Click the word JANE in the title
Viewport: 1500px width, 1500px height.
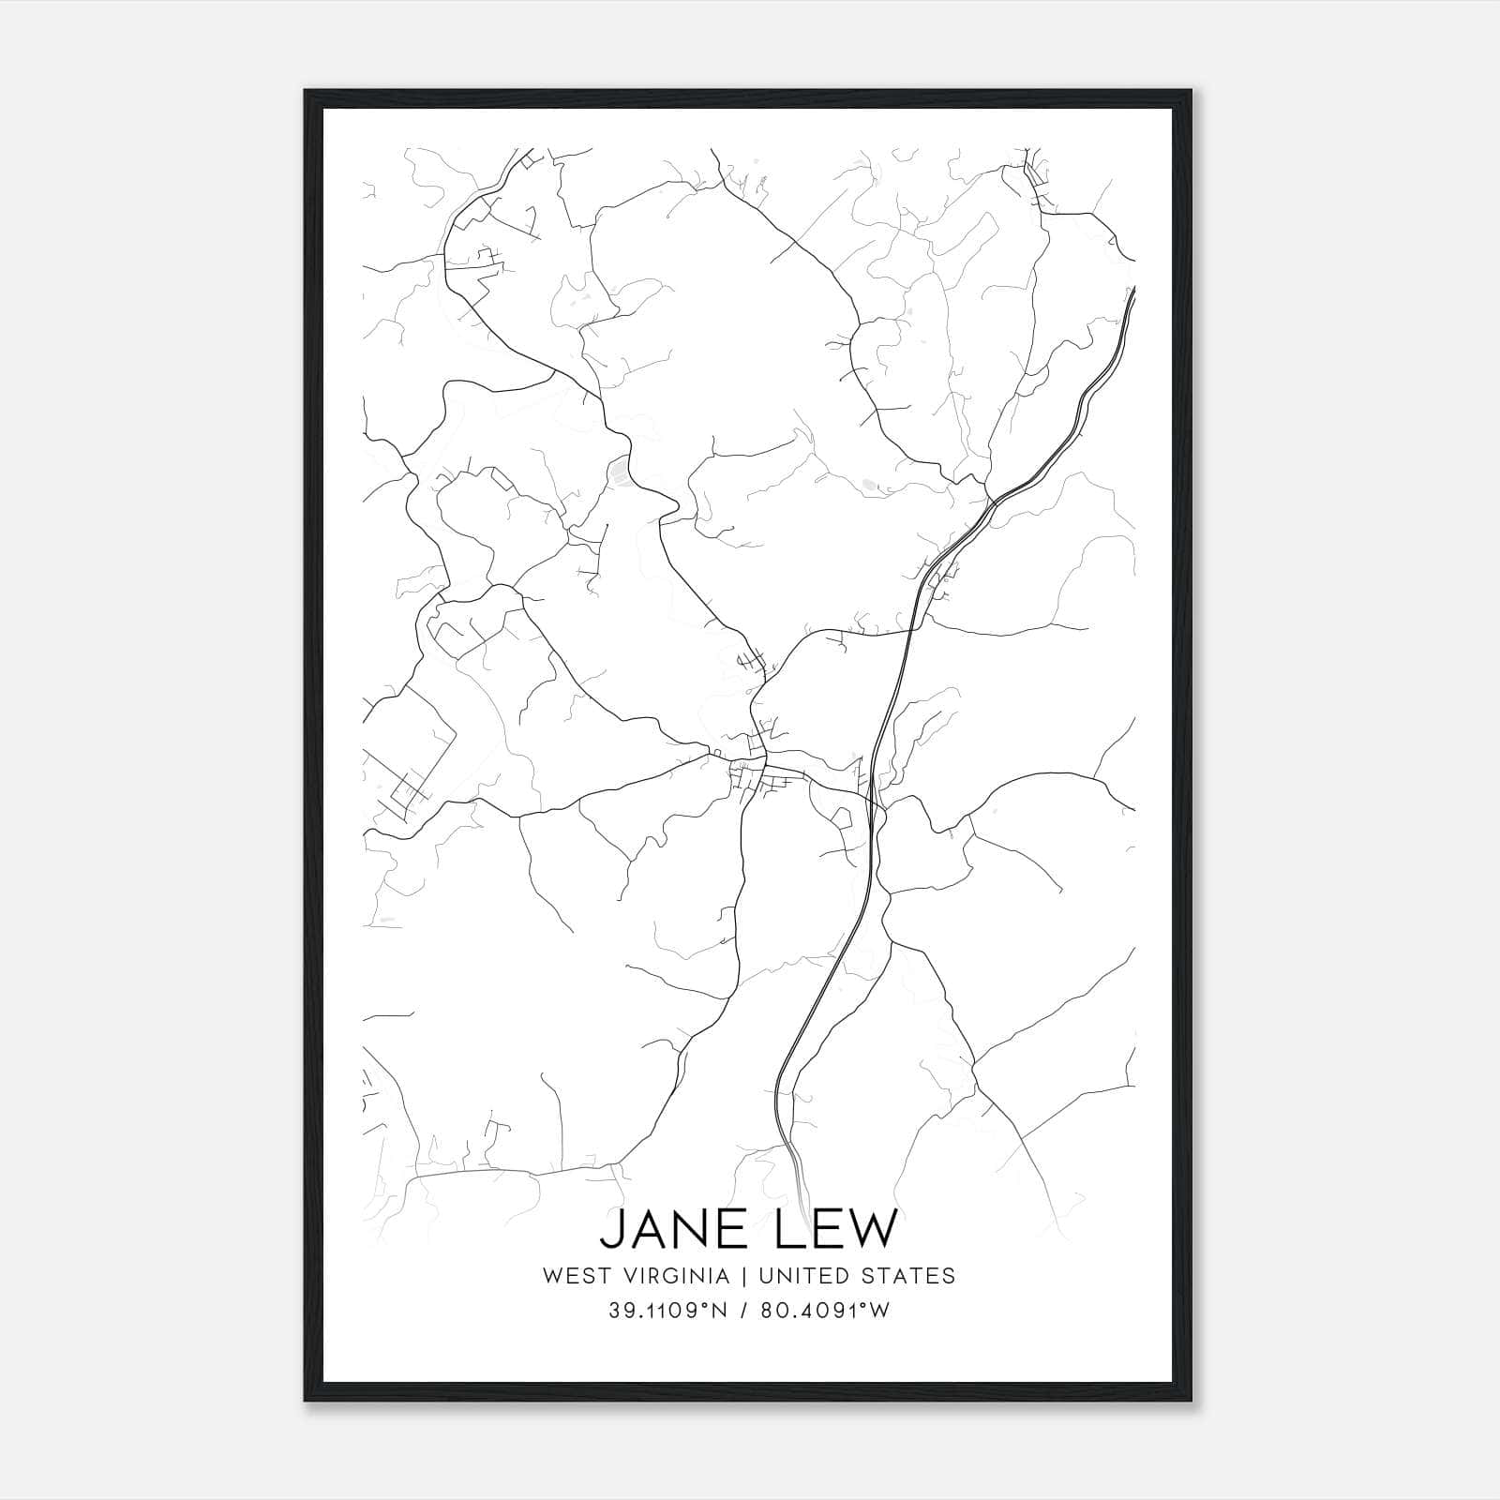[675, 1229]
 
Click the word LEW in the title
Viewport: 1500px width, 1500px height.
[832, 1229]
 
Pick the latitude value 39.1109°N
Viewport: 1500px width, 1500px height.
[667, 1311]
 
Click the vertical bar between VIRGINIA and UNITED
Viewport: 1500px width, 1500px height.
[743, 1276]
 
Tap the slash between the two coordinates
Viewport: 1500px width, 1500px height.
[743, 1311]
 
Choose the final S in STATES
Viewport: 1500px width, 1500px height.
[949, 1276]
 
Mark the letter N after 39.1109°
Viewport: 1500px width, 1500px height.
[719, 1311]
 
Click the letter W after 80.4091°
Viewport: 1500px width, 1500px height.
[881, 1311]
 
